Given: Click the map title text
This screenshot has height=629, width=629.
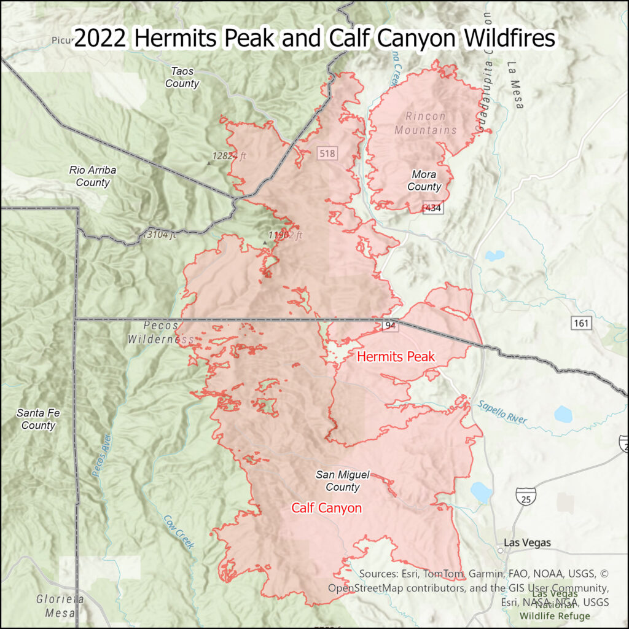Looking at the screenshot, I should tap(314, 38).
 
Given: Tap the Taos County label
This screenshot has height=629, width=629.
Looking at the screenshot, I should tap(182, 77).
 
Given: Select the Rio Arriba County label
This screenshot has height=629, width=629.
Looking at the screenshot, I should tap(93, 176).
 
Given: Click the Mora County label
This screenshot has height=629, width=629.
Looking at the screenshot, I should tap(424, 181).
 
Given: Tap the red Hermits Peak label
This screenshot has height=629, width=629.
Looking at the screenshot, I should tap(396, 356).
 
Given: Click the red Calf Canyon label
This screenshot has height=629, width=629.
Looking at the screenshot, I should tap(326, 508).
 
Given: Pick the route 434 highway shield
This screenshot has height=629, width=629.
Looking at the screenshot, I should tap(433, 208).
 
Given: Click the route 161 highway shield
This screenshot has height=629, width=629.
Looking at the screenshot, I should tap(580, 322).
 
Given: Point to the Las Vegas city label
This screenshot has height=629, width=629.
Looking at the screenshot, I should tap(527, 543).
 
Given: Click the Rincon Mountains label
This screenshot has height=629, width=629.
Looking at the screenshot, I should tap(426, 123).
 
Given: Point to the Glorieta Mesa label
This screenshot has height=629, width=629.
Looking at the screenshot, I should tap(60, 606).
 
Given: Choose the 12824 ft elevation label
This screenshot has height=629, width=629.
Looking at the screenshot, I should tap(229, 156).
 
